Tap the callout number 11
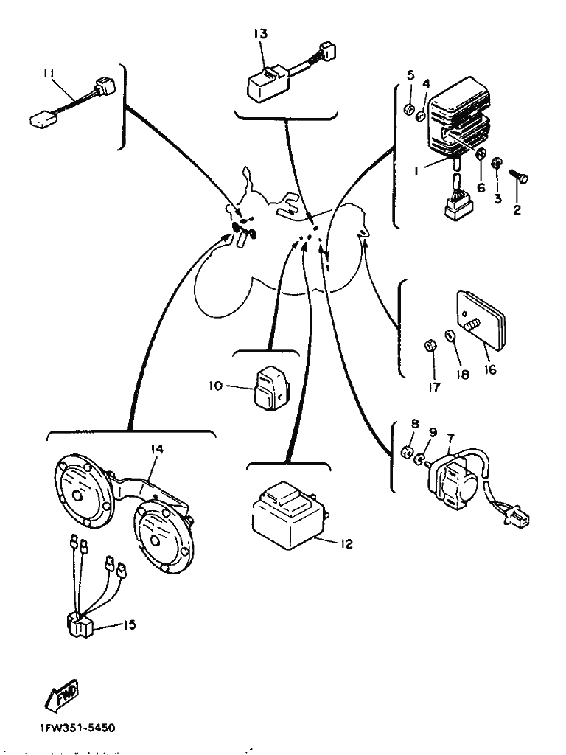pos(49,72)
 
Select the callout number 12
pos(346,544)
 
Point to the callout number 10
pos(215,384)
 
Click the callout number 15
pos(130,624)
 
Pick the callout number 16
pos(490,370)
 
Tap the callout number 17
pos(434,387)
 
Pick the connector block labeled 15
pos(79,625)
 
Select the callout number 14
pos(157,449)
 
